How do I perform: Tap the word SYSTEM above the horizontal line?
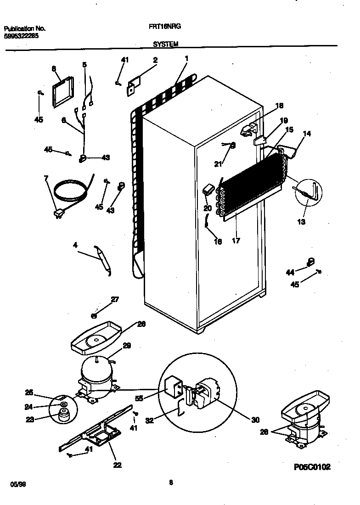point(166,44)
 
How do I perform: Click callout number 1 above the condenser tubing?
point(186,58)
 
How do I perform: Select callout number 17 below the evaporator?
point(236,240)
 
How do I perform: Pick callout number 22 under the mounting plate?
point(117,465)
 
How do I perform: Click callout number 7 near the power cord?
point(46,178)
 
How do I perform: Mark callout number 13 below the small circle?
point(301,222)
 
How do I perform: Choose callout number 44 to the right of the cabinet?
point(290,273)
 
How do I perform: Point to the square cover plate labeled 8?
point(62,92)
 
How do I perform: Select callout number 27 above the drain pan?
point(115,300)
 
